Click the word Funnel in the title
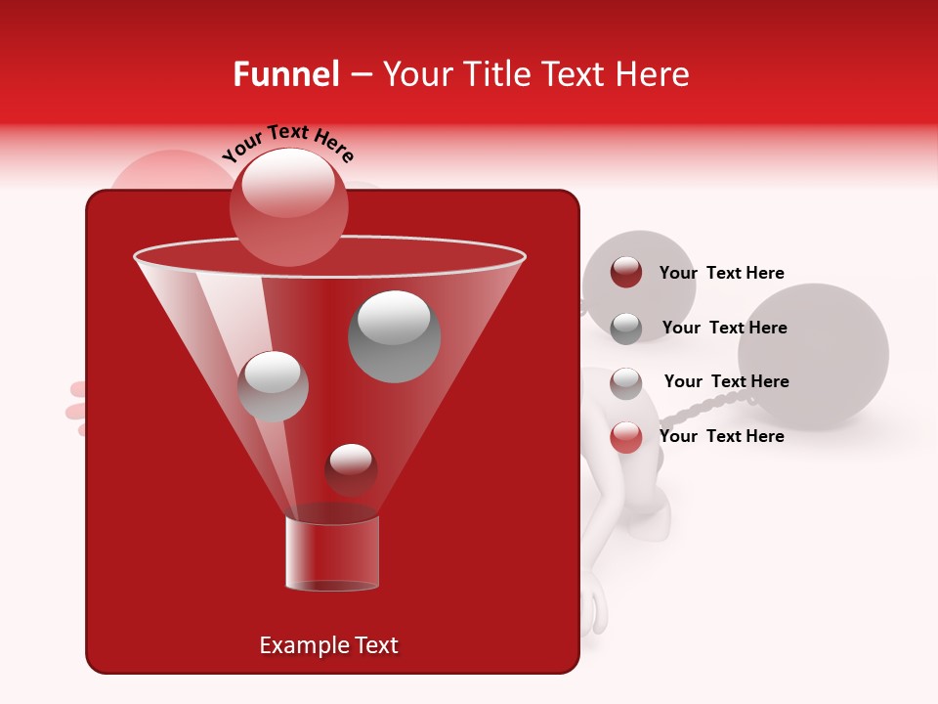point(286,74)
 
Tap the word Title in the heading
point(496,74)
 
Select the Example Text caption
point(328,645)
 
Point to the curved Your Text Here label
point(287,143)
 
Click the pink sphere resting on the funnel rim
point(289,207)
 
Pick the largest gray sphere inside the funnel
point(395,335)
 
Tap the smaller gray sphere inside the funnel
point(273,386)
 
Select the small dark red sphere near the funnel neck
point(351,469)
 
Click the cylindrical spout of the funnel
point(332,553)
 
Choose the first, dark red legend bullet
point(626,273)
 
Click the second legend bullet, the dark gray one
point(626,329)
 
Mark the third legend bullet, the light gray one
point(626,383)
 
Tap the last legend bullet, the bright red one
point(626,437)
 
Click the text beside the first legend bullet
point(721,273)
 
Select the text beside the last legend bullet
point(721,436)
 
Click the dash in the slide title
point(360,75)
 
